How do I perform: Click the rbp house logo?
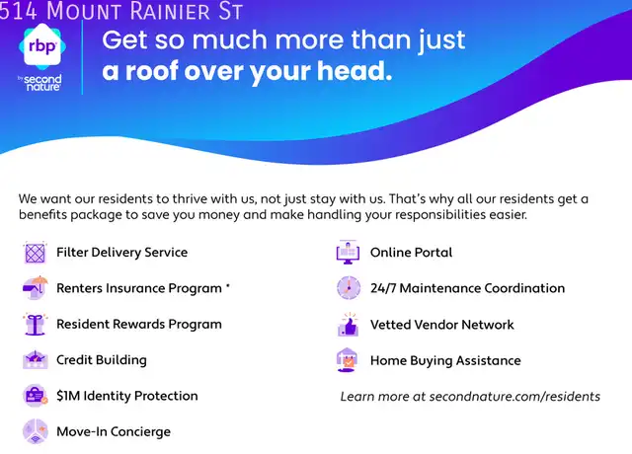[42, 46]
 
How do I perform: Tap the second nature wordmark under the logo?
[41, 83]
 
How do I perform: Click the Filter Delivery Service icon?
[36, 253]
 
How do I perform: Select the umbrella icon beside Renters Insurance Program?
[36, 287]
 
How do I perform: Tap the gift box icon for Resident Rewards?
[36, 324]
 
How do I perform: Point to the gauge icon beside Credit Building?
[36, 359]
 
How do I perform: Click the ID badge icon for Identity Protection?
[36, 396]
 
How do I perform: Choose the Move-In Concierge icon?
[36, 431]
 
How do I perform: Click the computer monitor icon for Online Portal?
[348, 253]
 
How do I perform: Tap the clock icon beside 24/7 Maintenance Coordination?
[349, 288]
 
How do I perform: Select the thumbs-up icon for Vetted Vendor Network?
[349, 325]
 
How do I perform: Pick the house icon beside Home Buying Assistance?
[347, 359]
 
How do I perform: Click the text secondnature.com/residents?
[514, 397]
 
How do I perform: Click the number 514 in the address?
[19, 11]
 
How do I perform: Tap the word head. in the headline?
[355, 71]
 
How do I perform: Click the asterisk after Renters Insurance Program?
[228, 285]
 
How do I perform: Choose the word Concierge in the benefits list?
[140, 432]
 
